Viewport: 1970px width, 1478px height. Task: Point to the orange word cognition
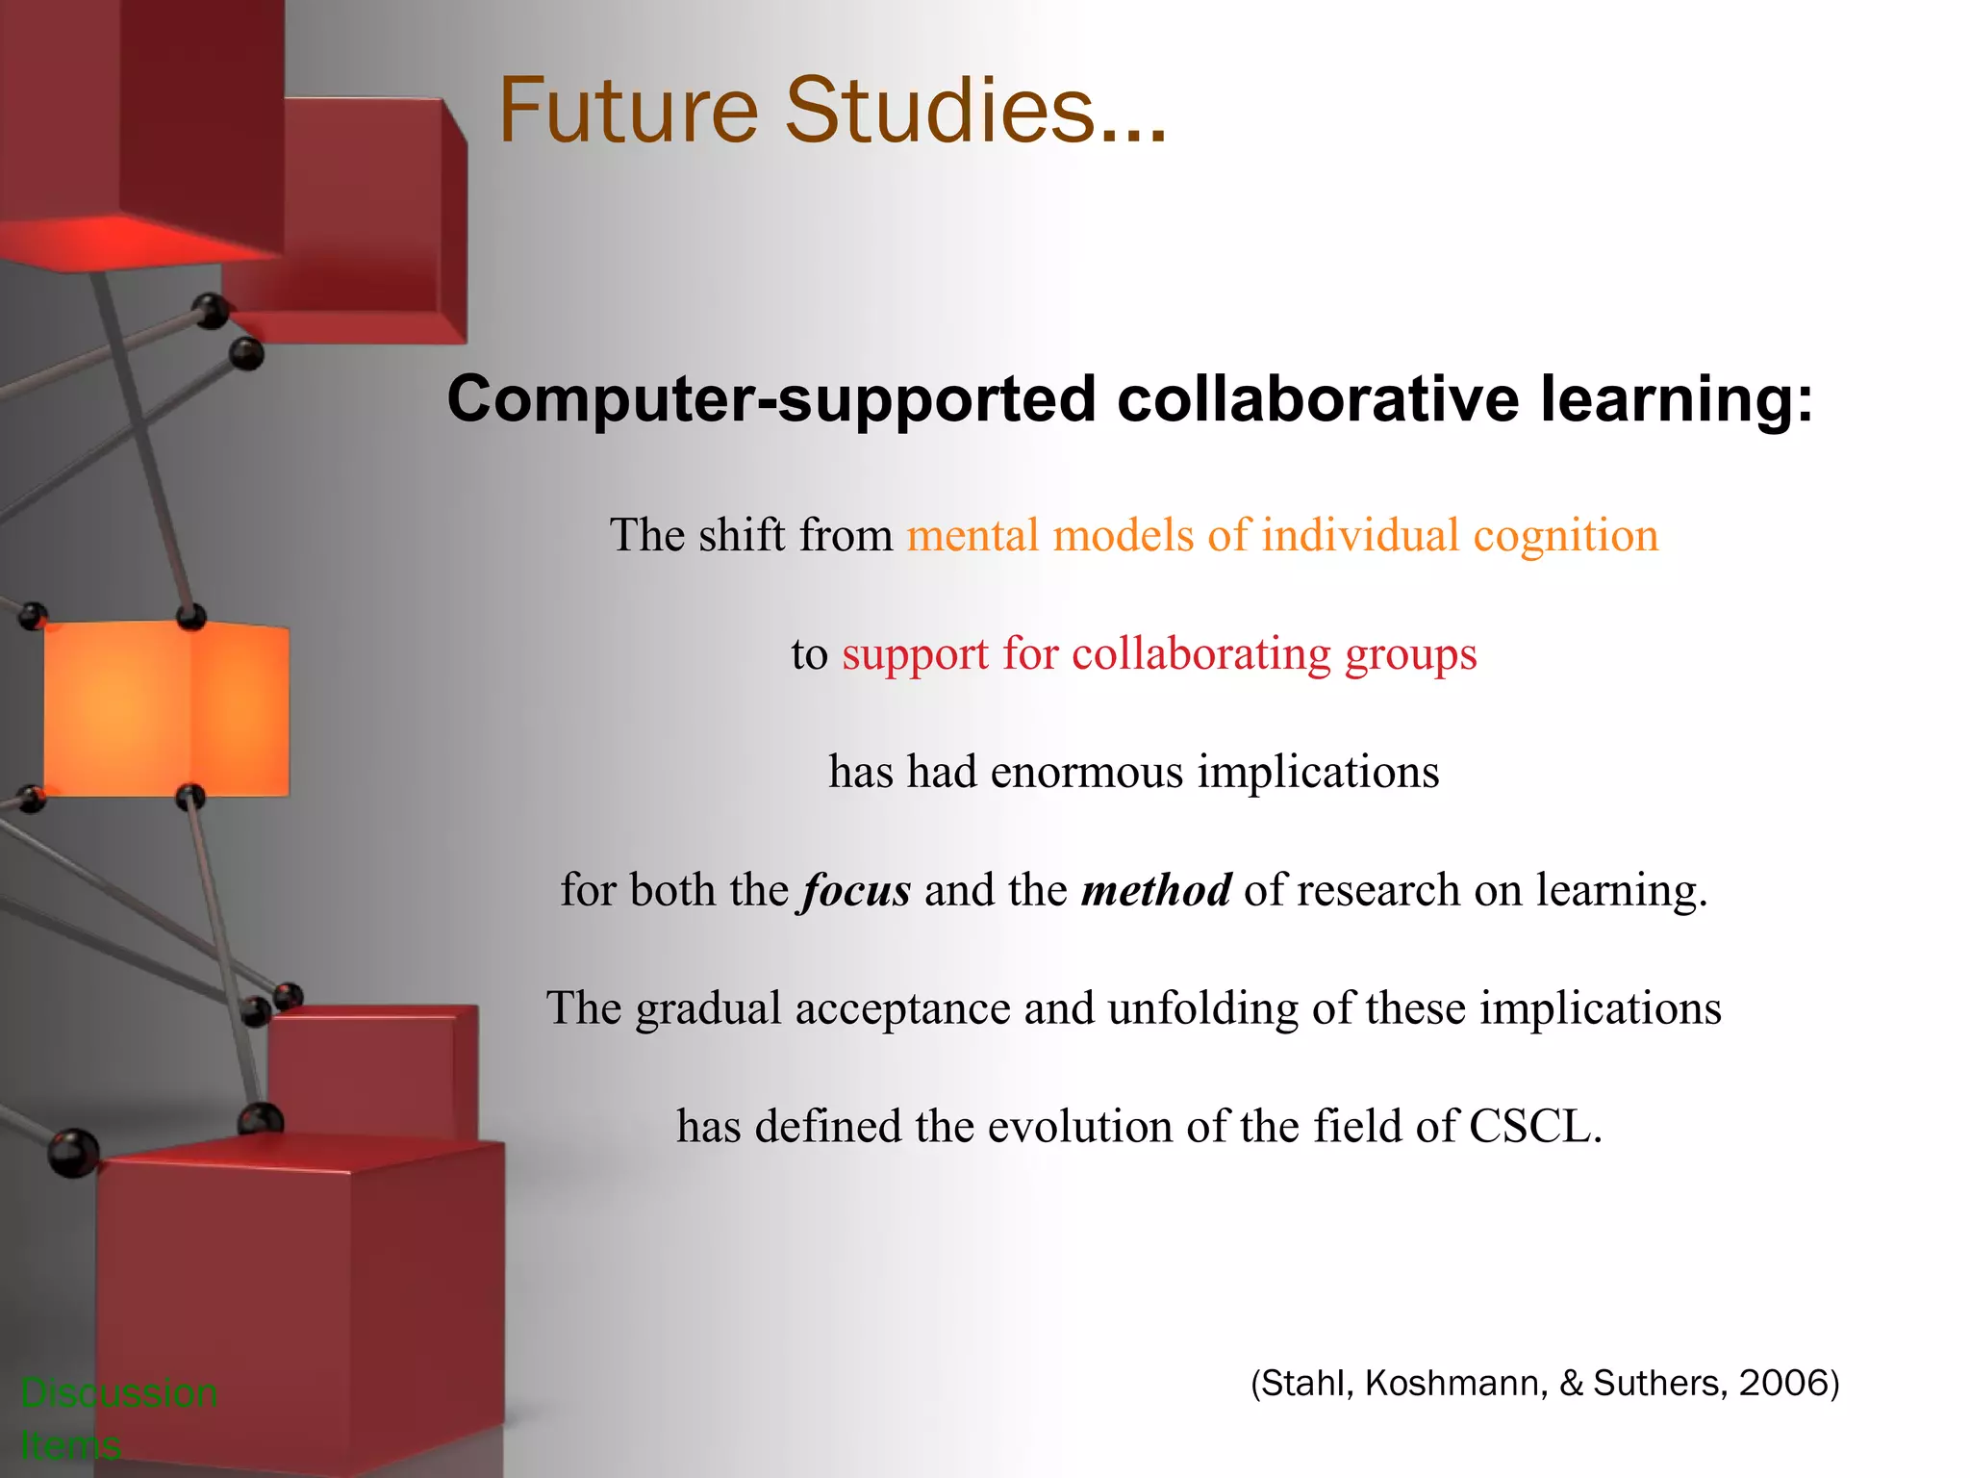(1566, 536)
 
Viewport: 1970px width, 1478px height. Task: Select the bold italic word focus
(857, 890)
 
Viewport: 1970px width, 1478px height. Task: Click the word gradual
(708, 1009)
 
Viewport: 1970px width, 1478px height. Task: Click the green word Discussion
(119, 1393)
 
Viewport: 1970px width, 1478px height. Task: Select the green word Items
(70, 1445)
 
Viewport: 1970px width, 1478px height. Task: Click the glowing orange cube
(165, 709)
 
